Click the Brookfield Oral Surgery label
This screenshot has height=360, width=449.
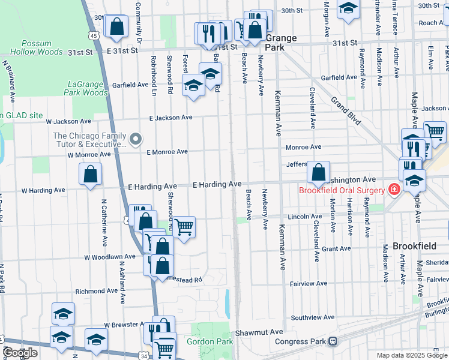pyautogui.click(x=342, y=191)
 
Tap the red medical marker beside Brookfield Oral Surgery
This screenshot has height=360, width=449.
pyautogui.click(x=394, y=190)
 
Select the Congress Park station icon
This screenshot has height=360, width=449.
pyautogui.click(x=333, y=341)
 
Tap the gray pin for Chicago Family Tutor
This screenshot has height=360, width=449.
pyautogui.click(x=136, y=140)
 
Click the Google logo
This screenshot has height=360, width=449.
pyautogui.click(x=20, y=353)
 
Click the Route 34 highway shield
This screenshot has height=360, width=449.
pyautogui.click(x=145, y=356)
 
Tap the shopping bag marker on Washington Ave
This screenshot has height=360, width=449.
pyautogui.click(x=318, y=172)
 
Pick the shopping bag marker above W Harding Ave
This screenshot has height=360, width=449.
pyautogui.click(x=90, y=175)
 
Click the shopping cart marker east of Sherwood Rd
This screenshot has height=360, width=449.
pyautogui.click(x=184, y=227)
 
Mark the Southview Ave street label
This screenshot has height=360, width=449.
pyautogui.click(x=313, y=317)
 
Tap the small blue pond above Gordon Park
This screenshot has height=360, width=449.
pyautogui.click(x=227, y=304)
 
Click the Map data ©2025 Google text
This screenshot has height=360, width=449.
pyautogui.click(x=412, y=355)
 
